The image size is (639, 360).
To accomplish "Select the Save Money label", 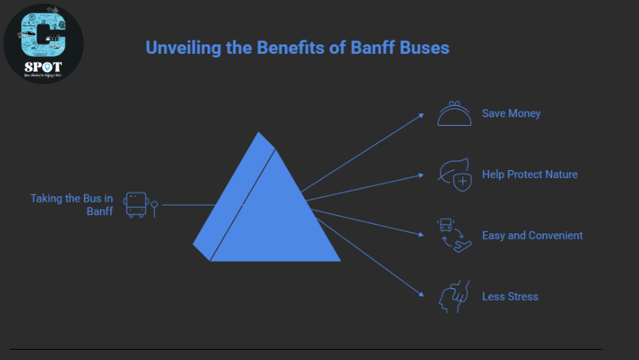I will point(511,113).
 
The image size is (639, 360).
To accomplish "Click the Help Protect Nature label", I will point(530,174).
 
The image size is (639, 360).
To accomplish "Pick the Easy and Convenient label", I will point(532,235).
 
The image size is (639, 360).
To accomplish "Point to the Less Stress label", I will point(510,297).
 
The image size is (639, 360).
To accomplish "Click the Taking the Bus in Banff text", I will point(72,204).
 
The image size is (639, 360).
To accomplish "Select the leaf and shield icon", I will point(455,174).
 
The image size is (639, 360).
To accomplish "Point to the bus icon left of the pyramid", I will point(136,204).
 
